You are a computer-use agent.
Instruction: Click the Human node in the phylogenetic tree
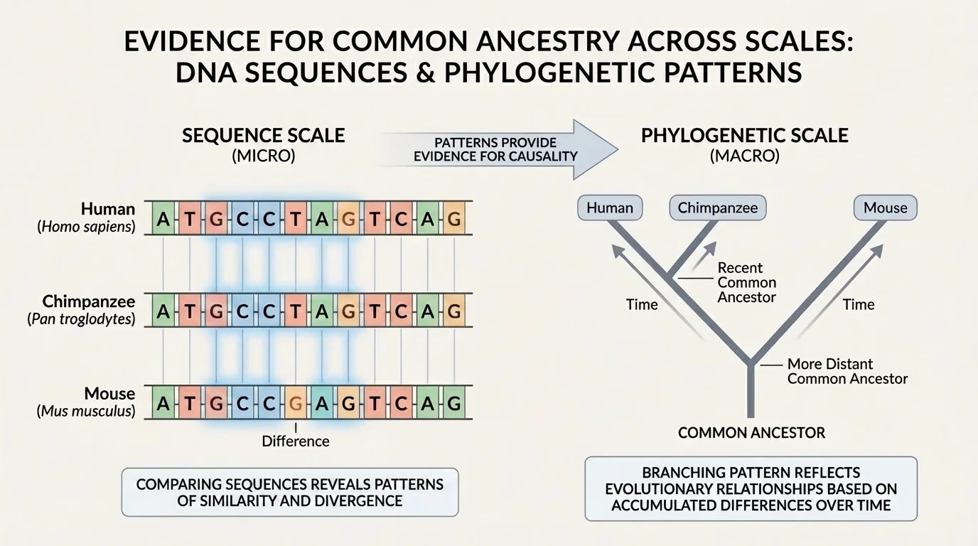tap(610, 208)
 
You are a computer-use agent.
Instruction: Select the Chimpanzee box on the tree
tap(718, 208)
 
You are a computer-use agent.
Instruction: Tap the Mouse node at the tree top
tap(885, 208)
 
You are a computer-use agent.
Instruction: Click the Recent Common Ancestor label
tap(746, 282)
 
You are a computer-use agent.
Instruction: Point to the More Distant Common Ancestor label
tap(847, 371)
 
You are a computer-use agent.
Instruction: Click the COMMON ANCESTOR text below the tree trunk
tap(751, 432)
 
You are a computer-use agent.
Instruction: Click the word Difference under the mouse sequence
tap(296, 441)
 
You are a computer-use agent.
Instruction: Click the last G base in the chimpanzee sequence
tap(455, 311)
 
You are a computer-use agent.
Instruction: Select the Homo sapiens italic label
tap(87, 227)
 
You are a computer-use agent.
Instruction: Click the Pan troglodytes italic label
tap(82, 319)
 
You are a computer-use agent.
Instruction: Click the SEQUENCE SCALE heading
tap(263, 135)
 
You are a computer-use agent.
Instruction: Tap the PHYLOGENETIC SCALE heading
tap(744, 135)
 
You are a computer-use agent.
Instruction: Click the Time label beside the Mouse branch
tap(858, 304)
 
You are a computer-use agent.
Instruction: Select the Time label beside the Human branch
tap(641, 304)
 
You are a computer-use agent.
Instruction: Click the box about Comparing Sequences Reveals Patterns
tap(289, 492)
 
